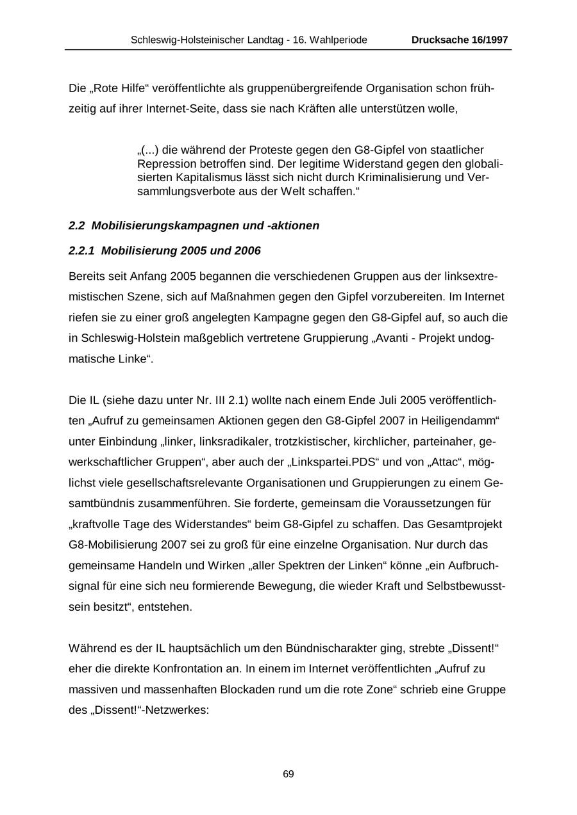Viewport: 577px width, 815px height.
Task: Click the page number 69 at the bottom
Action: (288, 774)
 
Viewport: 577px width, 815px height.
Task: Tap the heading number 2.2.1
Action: (81, 250)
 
